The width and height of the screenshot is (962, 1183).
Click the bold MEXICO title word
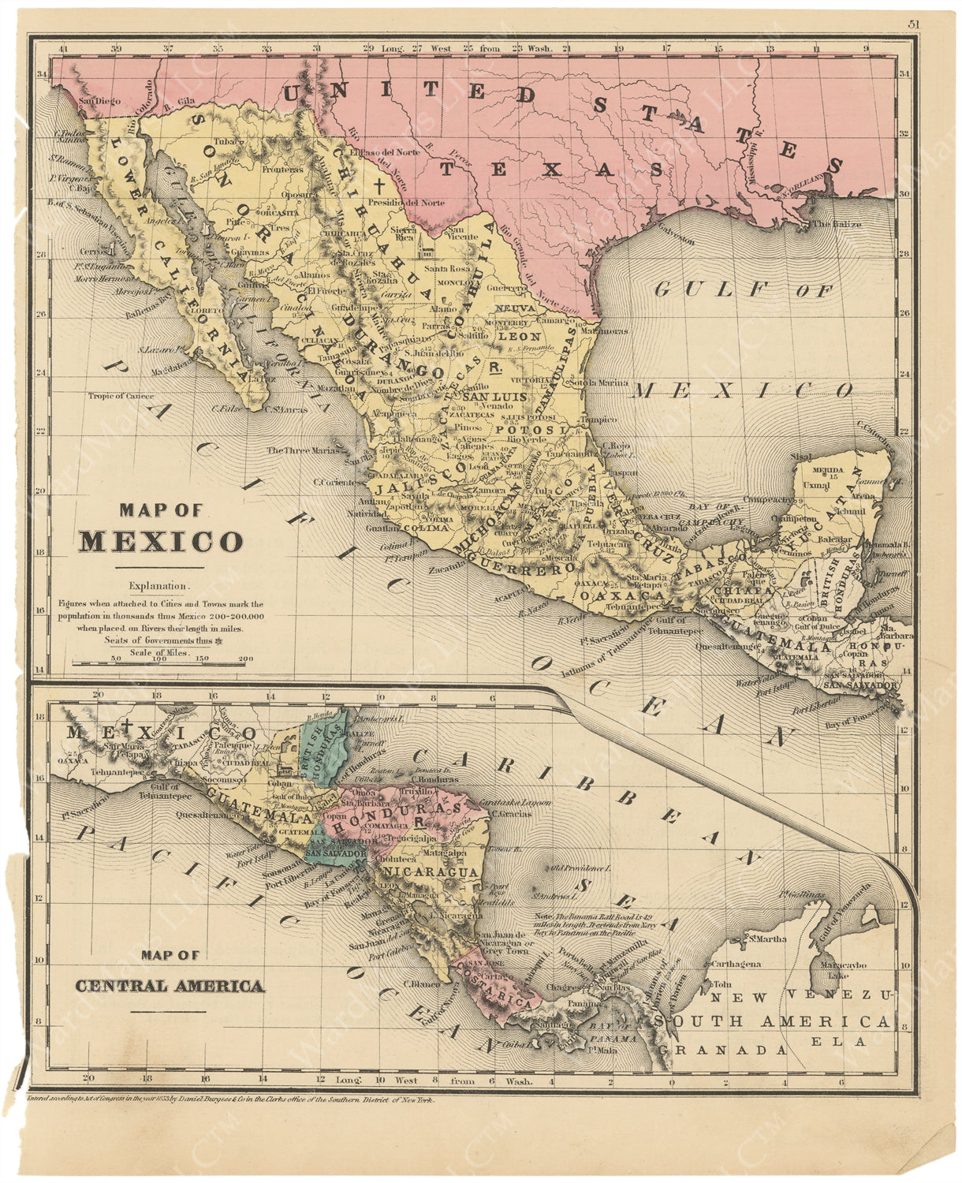click(x=161, y=542)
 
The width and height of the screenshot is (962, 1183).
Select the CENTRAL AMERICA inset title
click(x=170, y=986)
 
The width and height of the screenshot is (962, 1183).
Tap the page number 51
click(x=912, y=24)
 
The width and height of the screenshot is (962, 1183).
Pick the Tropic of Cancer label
click(x=121, y=397)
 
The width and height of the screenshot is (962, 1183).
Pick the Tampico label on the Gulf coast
click(x=598, y=420)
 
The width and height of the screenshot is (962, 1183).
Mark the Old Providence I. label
click(x=582, y=868)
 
